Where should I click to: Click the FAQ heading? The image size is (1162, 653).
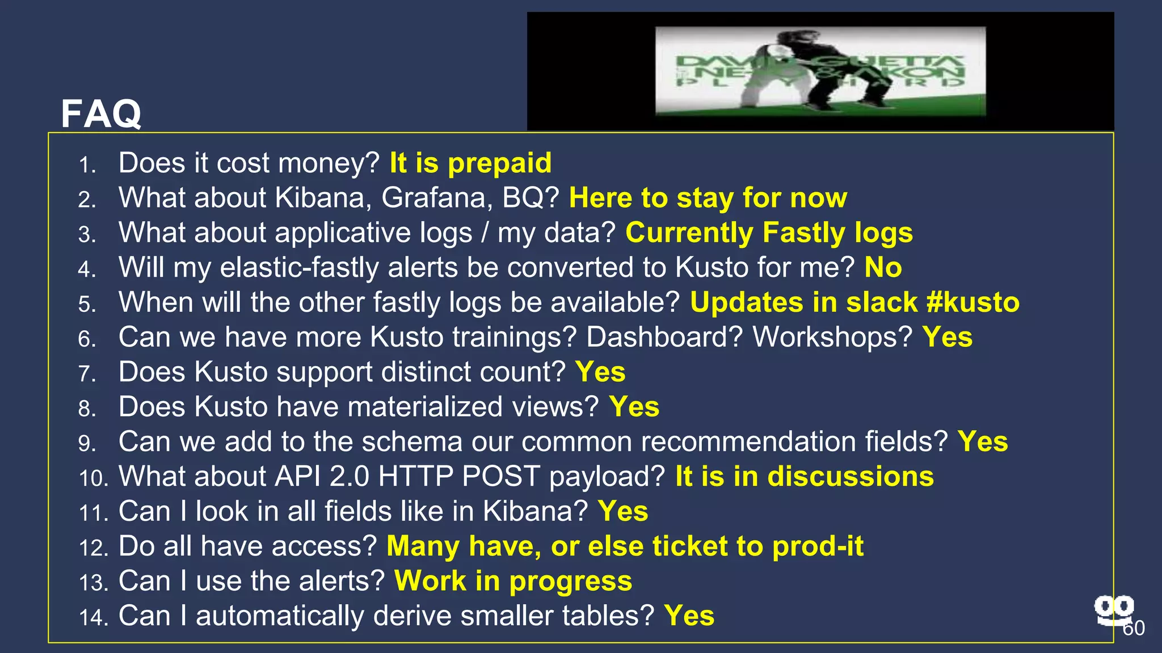coord(101,114)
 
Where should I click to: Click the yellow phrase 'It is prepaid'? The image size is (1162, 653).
coord(470,163)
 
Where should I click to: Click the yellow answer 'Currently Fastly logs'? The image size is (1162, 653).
coord(769,233)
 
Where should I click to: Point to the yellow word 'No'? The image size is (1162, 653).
coord(883,268)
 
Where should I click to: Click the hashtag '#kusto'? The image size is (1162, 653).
coord(972,302)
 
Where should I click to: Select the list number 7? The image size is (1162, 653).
coord(87,374)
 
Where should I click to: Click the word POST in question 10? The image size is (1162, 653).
coord(500,476)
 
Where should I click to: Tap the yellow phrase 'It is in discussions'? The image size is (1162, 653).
coord(804,476)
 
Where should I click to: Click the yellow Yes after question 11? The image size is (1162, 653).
coord(622,511)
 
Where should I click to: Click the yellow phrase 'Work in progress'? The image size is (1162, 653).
coord(513,581)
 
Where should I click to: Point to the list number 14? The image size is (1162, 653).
coord(93,617)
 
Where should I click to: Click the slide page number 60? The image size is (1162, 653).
coord(1134,628)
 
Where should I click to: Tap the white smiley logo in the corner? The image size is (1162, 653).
coord(1114,610)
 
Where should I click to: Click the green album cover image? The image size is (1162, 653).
coord(820,71)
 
